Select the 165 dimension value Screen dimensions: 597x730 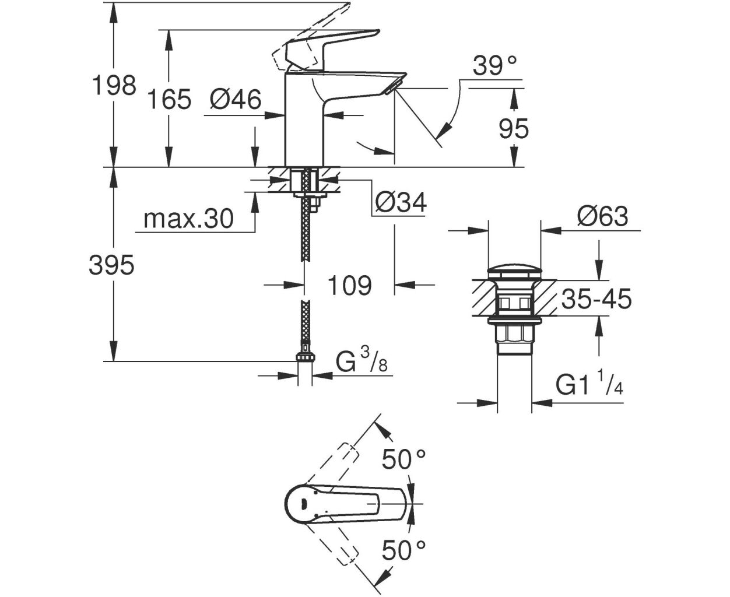[168, 100]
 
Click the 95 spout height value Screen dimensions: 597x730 [514, 128]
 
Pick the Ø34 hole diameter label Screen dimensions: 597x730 [400, 202]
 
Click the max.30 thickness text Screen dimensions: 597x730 [188, 219]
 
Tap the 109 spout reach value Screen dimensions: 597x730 [349, 286]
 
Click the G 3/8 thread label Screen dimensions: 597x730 [362, 363]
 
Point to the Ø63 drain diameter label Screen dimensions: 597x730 [602, 217]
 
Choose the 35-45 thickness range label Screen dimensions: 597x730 [596, 300]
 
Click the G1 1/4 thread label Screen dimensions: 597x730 [589, 385]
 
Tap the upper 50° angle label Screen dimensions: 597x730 [404, 460]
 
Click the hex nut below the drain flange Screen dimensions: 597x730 [514, 335]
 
